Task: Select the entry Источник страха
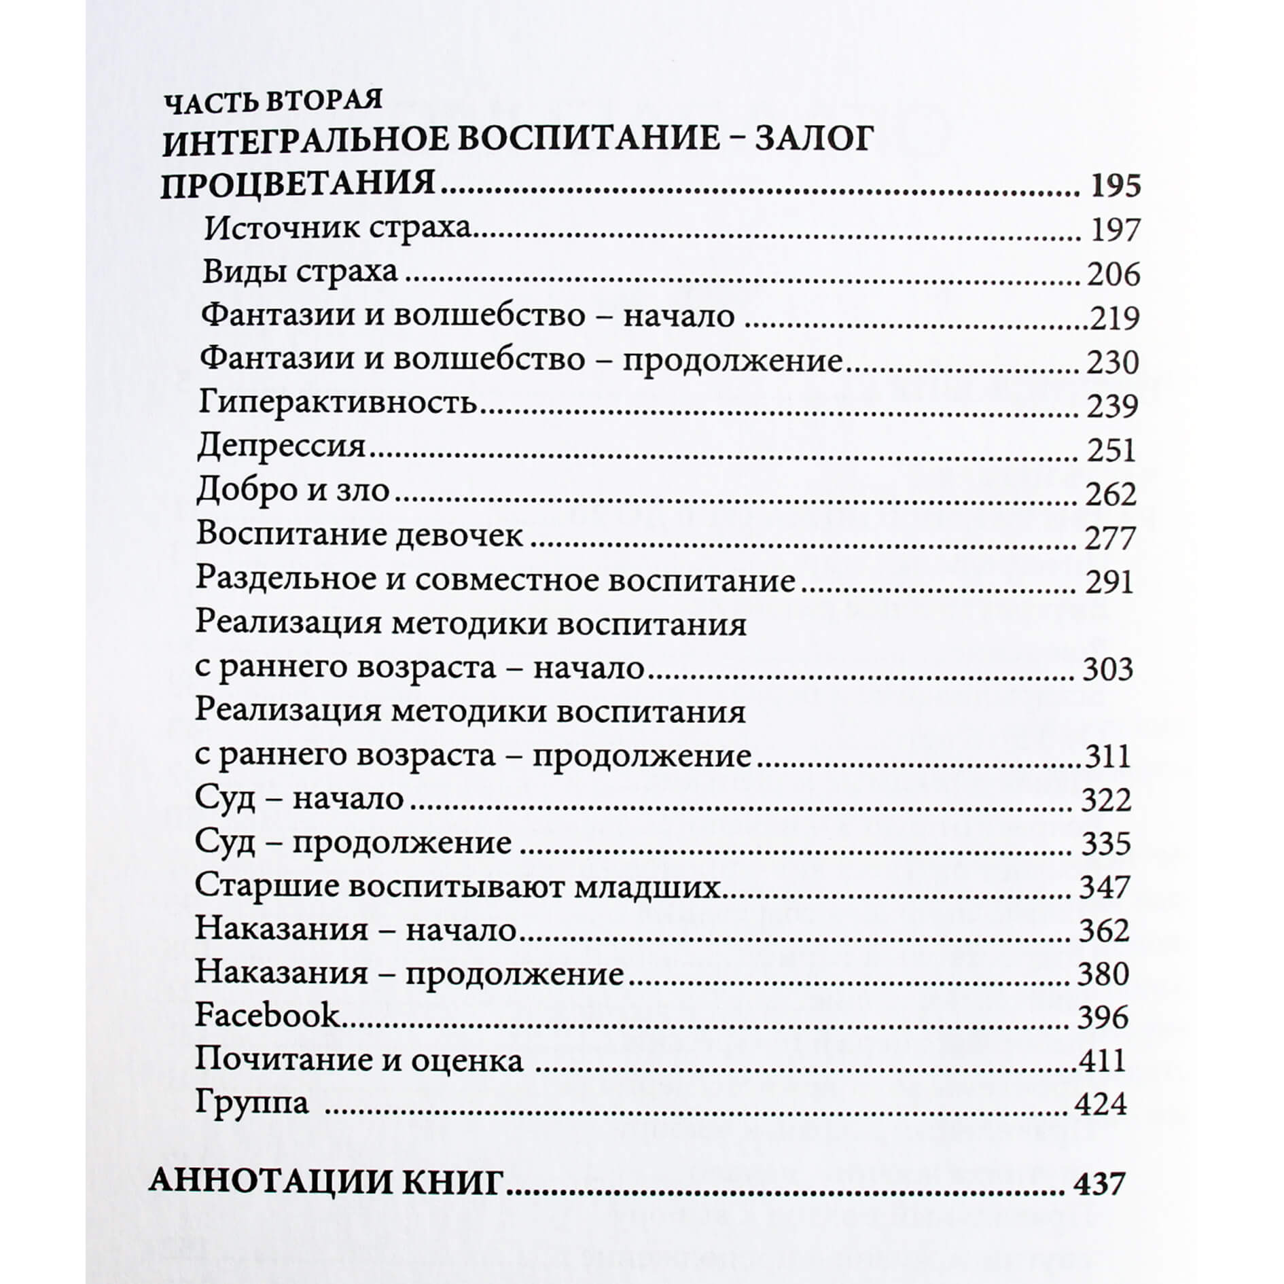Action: [338, 228]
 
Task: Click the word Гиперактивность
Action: [338, 403]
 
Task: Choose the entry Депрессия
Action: [281, 447]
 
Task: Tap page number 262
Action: [1111, 494]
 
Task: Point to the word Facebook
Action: [267, 1016]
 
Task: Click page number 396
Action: [1103, 1017]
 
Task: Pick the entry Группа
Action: [252, 1103]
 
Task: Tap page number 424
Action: [1101, 1104]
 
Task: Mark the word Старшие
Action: [263, 886]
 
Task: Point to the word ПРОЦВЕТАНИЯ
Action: [298, 185]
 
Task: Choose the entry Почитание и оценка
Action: [359, 1060]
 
